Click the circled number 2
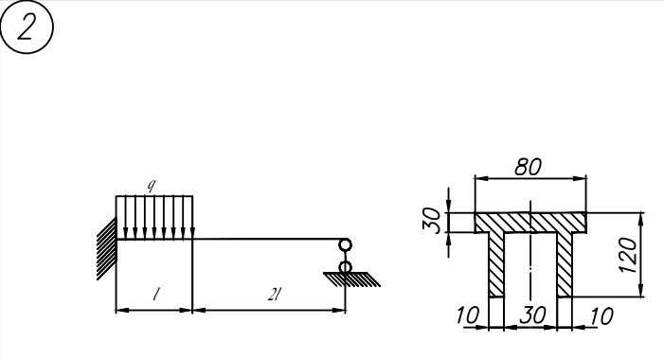[27, 27]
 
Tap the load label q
[152, 186]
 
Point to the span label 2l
[275, 294]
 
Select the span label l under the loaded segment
[156, 294]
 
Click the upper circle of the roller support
[345, 245]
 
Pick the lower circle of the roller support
[345, 267]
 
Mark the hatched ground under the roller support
[352, 279]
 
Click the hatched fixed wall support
[106, 248]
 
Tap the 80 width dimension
[528, 168]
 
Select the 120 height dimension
[628, 255]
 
